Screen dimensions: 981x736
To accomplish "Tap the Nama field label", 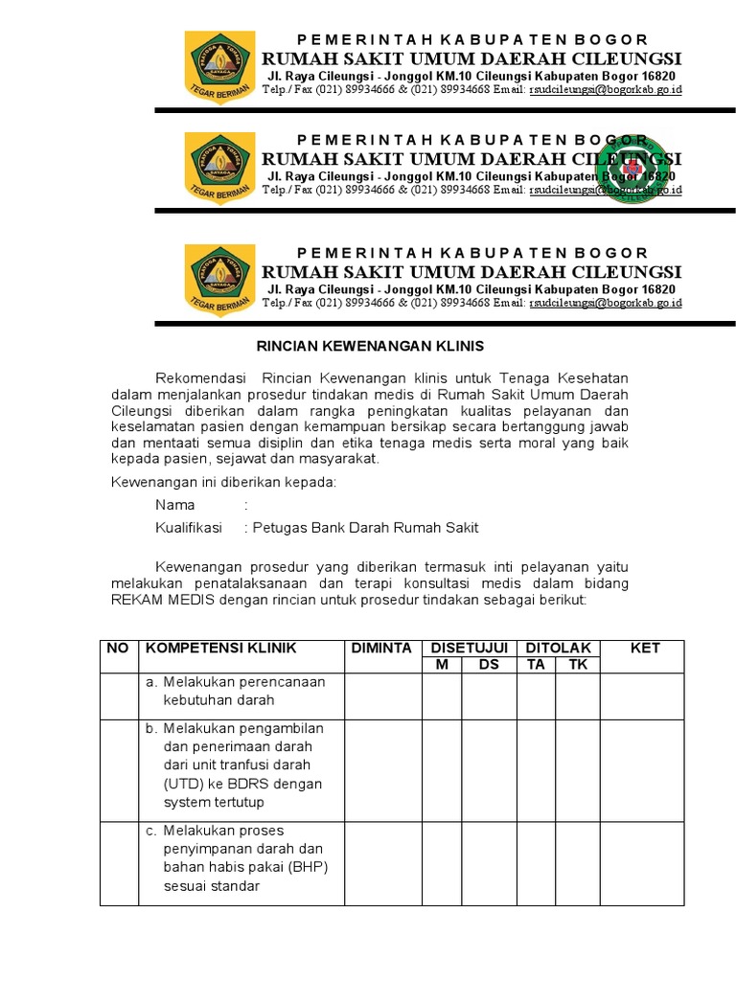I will click(174, 505).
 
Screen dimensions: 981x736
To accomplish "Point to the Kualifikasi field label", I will click(188, 528).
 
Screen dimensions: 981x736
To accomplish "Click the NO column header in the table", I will click(118, 649).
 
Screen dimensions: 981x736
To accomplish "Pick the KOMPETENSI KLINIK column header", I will click(220, 649).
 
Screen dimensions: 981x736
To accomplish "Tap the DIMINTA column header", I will click(381, 649).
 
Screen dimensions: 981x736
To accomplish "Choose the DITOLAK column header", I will click(559, 649).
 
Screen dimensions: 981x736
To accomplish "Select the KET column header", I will click(644, 649).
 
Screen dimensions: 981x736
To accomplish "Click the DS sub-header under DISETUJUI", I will click(489, 665).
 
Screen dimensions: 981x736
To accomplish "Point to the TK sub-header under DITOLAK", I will click(578, 665).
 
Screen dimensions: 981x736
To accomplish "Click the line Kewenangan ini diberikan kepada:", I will click(224, 482).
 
